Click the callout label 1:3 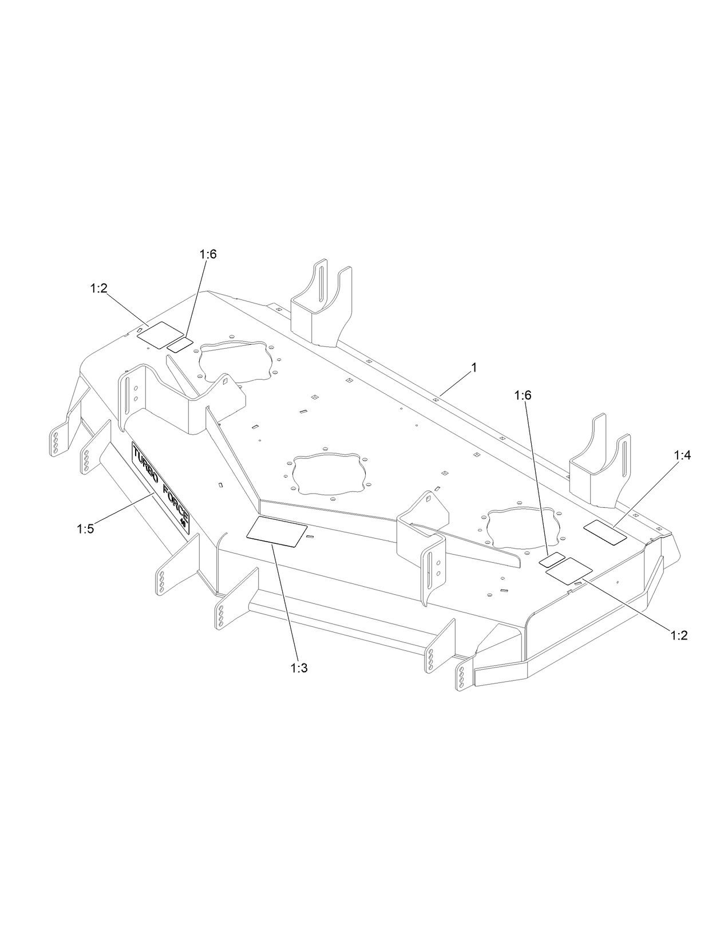[x=299, y=668]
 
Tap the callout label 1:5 [x=85, y=530]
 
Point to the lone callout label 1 [x=473, y=368]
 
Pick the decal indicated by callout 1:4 [x=604, y=532]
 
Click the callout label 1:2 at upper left [x=98, y=289]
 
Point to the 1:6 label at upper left [x=208, y=254]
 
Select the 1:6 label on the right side [x=523, y=395]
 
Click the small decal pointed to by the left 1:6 [x=180, y=343]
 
